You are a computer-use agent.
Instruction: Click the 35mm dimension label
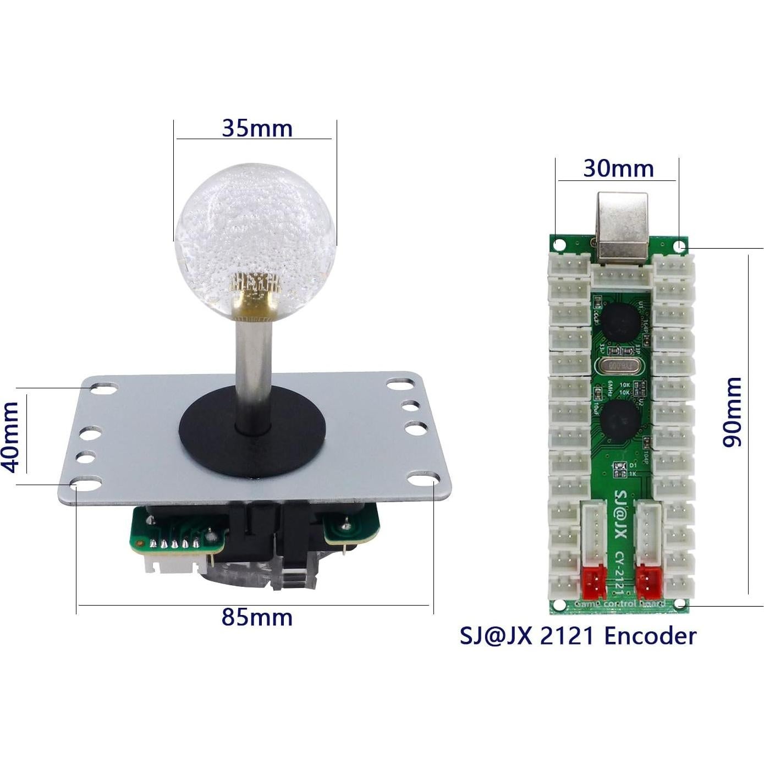(257, 128)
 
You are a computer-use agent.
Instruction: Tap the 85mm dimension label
(257, 617)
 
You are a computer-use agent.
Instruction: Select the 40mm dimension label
(12, 437)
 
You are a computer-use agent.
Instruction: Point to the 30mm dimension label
(618, 168)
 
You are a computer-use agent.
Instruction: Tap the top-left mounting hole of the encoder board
(559, 244)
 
